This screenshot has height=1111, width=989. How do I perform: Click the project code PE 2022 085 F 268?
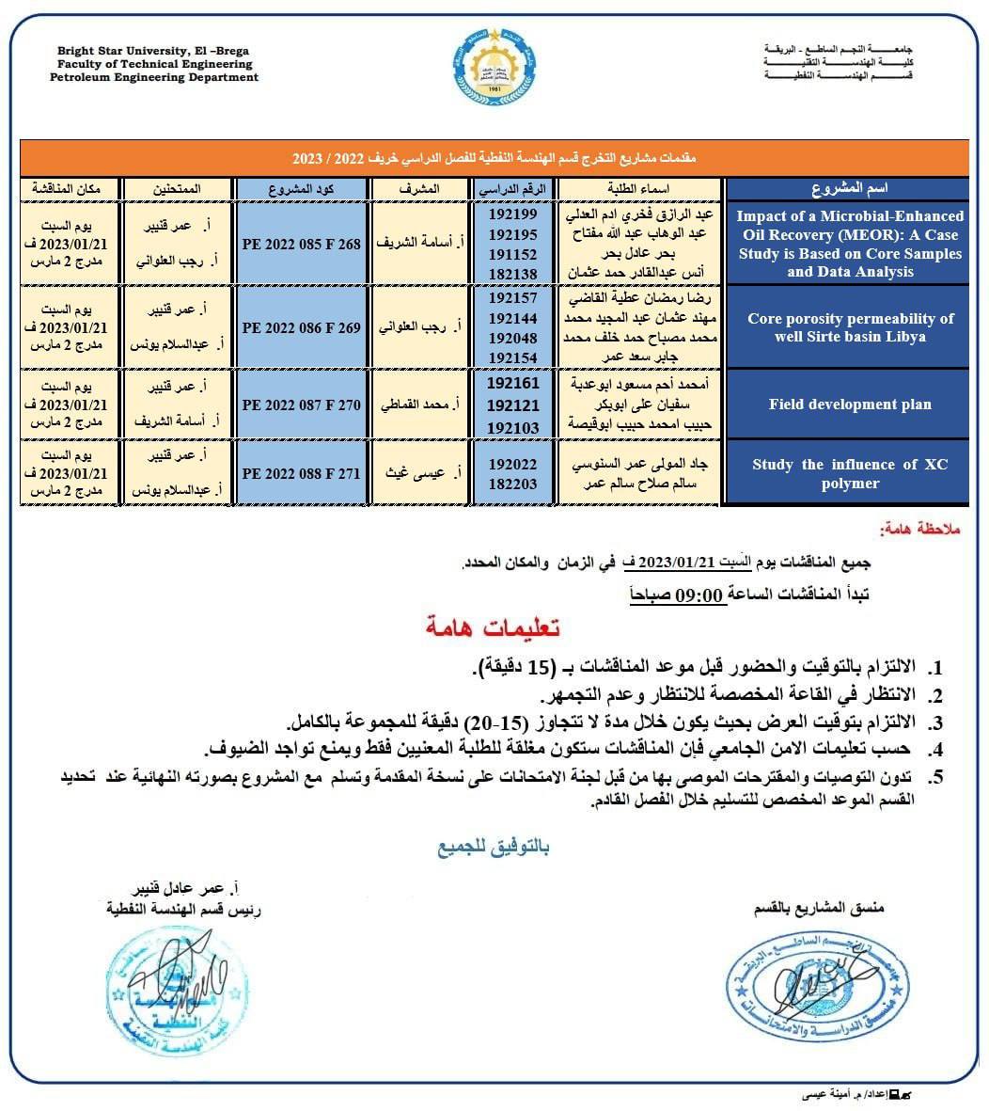click(x=301, y=245)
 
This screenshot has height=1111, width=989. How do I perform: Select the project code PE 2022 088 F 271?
click(x=301, y=473)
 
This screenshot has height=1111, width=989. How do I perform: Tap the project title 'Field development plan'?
click(x=849, y=405)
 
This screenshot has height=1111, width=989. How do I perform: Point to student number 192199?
click(x=513, y=215)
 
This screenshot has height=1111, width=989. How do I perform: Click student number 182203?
click(x=513, y=484)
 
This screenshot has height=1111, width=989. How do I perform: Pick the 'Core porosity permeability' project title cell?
click(x=849, y=327)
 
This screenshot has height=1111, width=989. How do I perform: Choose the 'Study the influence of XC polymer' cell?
click(x=849, y=473)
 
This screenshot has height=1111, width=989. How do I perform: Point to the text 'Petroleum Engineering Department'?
click(x=154, y=78)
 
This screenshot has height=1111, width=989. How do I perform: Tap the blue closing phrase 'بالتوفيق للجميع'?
click(x=493, y=847)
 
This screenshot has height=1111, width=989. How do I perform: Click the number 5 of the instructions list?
click(x=934, y=778)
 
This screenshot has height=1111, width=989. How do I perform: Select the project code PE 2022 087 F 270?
click(x=301, y=405)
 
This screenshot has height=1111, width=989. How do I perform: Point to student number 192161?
click(x=513, y=384)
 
